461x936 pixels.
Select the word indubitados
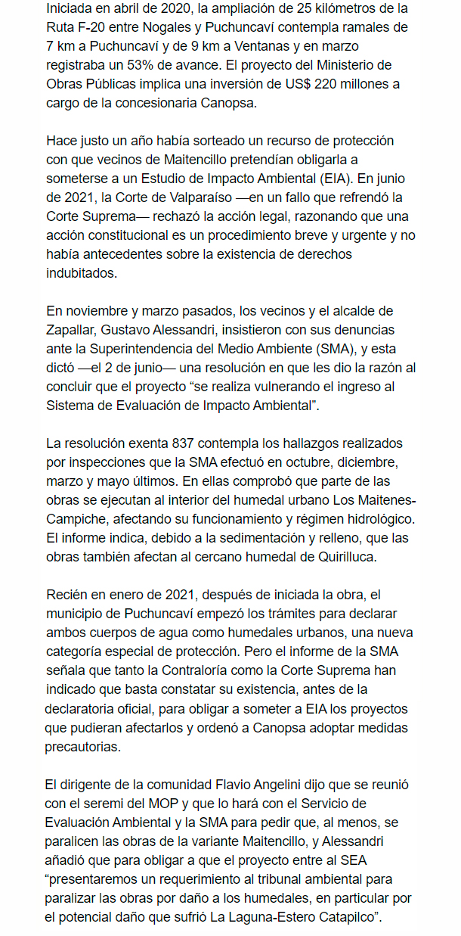82,272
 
